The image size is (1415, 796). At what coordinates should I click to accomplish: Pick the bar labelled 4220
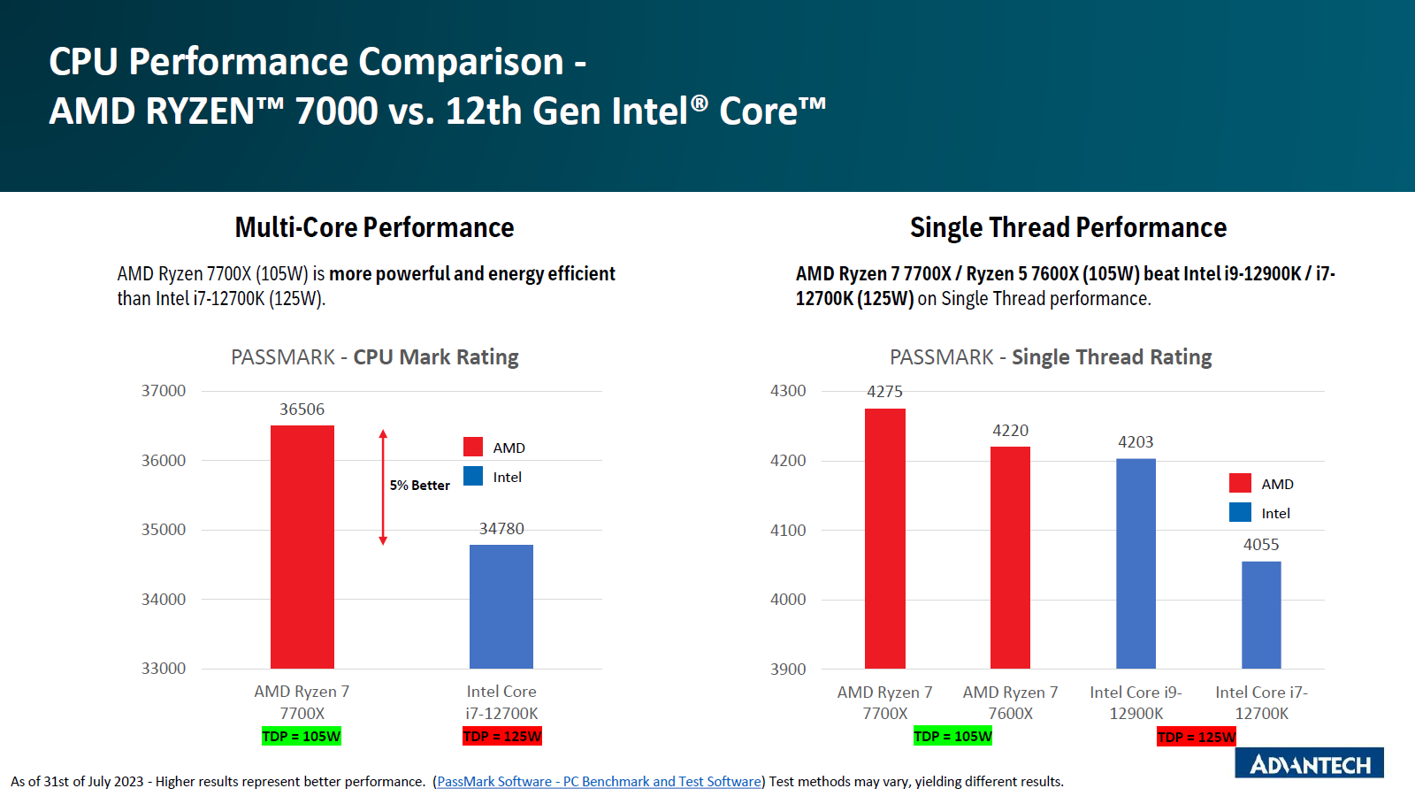[1010, 557]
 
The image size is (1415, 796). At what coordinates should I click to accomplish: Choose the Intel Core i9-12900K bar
[1136, 563]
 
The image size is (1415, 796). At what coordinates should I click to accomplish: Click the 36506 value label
[302, 409]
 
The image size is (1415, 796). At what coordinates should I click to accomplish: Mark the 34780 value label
[501, 529]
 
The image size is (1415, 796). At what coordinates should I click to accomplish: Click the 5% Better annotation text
[420, 486]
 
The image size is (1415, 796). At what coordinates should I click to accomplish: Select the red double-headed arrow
[383, 487]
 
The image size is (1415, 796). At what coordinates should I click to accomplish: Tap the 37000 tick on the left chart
[164, 391]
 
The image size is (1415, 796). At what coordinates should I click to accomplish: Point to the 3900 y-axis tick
[788, 670]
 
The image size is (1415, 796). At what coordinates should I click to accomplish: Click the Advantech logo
[1310, 763]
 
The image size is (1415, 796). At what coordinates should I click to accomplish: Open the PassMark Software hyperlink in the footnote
[599, 782]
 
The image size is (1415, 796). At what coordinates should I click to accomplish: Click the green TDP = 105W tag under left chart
[302, 737]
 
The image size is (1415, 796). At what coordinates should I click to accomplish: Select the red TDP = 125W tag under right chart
[1197, 737]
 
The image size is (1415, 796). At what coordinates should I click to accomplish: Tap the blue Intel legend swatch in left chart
[473, 477]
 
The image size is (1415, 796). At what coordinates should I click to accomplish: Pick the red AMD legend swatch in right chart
[1240, 483]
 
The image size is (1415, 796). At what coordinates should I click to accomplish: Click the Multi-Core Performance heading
[374, 228]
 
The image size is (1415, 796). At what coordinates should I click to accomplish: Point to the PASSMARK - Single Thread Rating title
[1051, 357]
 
